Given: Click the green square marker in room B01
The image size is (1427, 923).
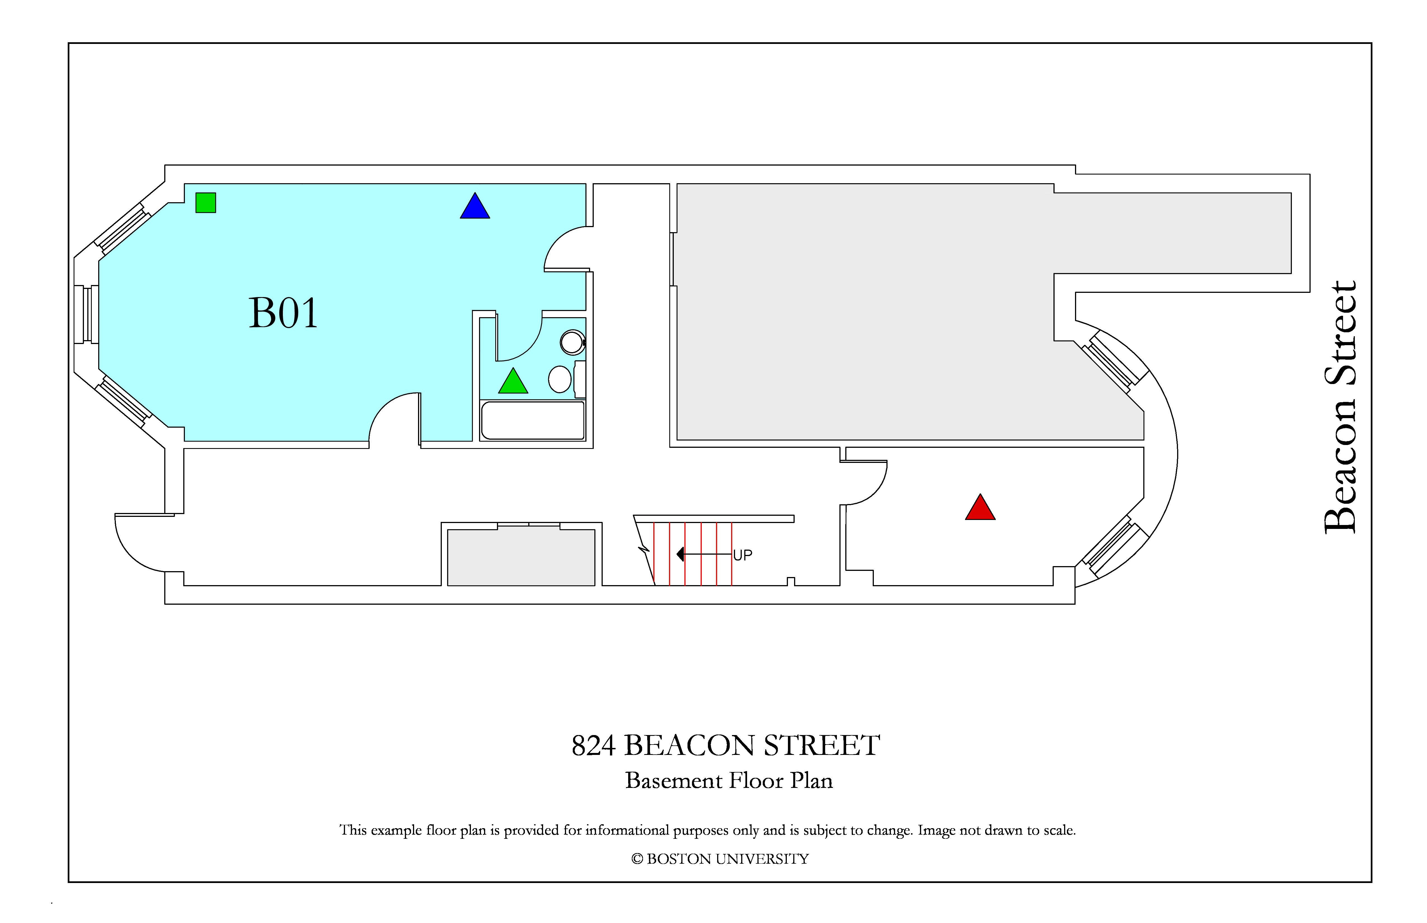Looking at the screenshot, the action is tap(206, 203).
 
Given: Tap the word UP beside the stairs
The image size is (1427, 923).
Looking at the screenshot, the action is tap(742, 555).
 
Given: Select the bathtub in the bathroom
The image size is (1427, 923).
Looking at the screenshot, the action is tap(532, 420).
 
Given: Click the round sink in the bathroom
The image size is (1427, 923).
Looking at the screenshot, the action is tap(572, 343).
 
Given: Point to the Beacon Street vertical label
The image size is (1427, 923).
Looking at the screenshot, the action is tap(1341, 407).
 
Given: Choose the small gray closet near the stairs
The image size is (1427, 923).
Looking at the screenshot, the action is tap(521, 557).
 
